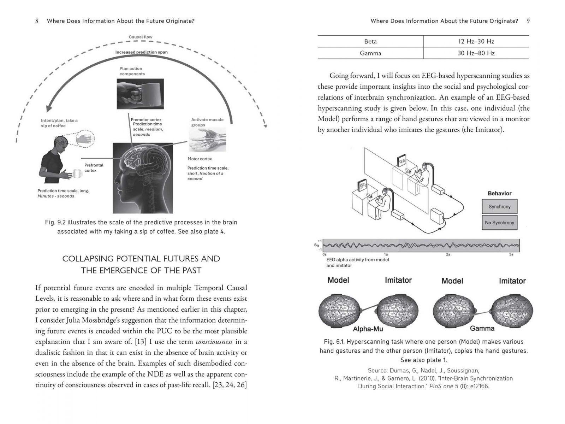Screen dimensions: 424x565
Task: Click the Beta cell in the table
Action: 370,41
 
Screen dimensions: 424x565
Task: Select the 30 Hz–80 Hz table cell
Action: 476,53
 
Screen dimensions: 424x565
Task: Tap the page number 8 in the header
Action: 37,21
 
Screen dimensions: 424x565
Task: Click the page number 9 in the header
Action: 528,21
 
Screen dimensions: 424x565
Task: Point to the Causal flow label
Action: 140,37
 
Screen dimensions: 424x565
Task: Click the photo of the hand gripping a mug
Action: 140,94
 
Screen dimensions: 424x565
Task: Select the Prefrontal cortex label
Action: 94,168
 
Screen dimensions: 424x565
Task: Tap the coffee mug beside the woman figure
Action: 78,173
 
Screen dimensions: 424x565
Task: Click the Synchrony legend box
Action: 499,207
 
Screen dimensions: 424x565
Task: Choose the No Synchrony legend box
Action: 499,223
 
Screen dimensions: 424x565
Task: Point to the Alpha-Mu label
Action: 368,329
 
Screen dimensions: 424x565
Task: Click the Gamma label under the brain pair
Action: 482,328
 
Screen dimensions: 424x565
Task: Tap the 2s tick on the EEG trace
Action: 448,254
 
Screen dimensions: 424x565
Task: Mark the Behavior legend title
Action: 499,193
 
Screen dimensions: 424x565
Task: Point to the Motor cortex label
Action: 200,159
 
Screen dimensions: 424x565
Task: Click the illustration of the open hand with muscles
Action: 207,140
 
